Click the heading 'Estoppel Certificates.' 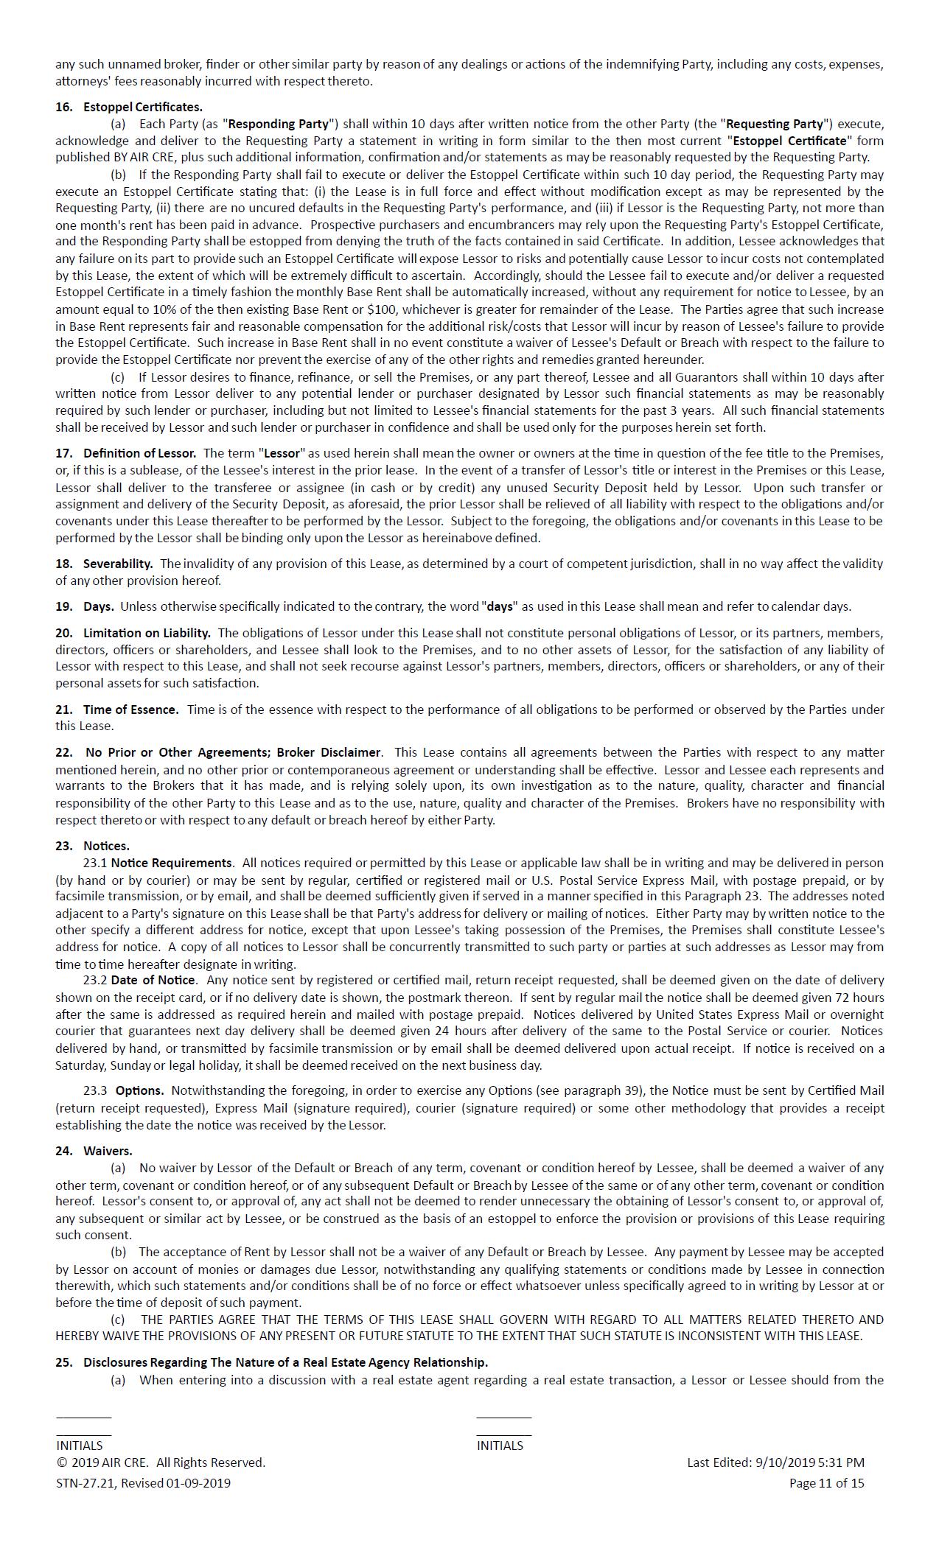pyautogui.click(x=142, y=107)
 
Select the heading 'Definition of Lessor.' pyautogui.click(x=139, y=453)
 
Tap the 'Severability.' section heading pyautogui.click(x=118, y=564)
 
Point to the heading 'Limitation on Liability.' pyautogui.click(x=147, y=633)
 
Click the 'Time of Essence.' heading pyautogui.click(x=130, y=710)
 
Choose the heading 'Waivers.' pyautogui.click(x=108, y=1150)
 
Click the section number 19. pyautogui.click(x=63, y=606)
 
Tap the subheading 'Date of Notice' pyautogui.click(x=153, y=980)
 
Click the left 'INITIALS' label pyautogui.click(x=80, y=1445)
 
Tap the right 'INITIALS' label pyautogui.click(x=500, y=1445)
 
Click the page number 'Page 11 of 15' pyautogui.click(x=826, y=1482)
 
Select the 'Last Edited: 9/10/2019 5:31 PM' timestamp pyautogui.click(x=775, y=1462)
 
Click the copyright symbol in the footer pyautogui.click(x=60, y=1462)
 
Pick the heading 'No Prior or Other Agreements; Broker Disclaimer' pyautogui.click(x=233, y=752)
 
